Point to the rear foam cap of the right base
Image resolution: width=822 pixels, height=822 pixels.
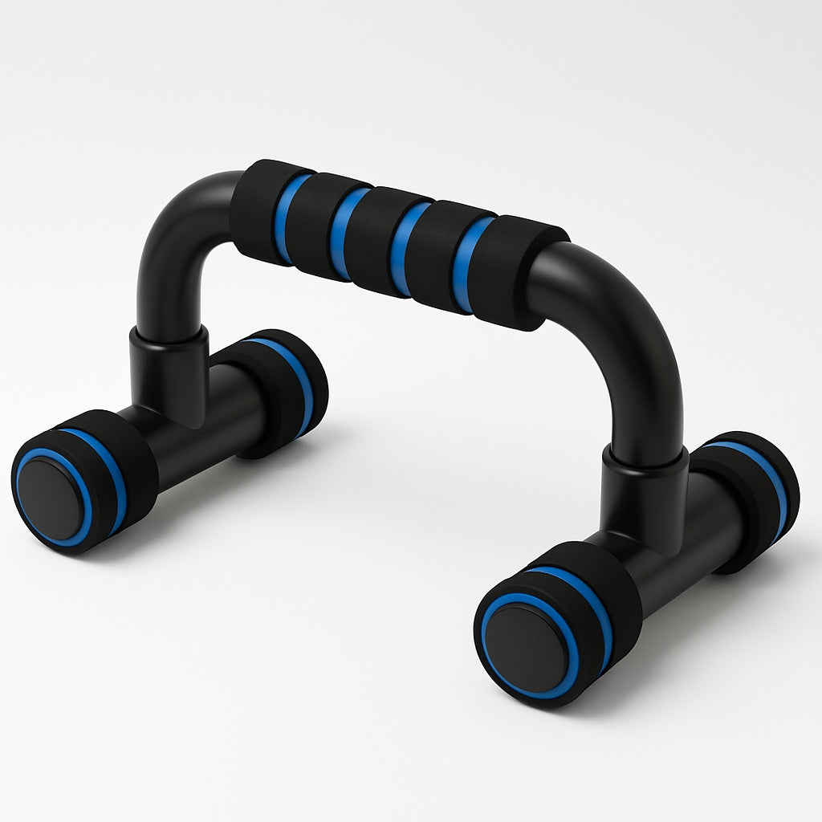coord(751,498)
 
